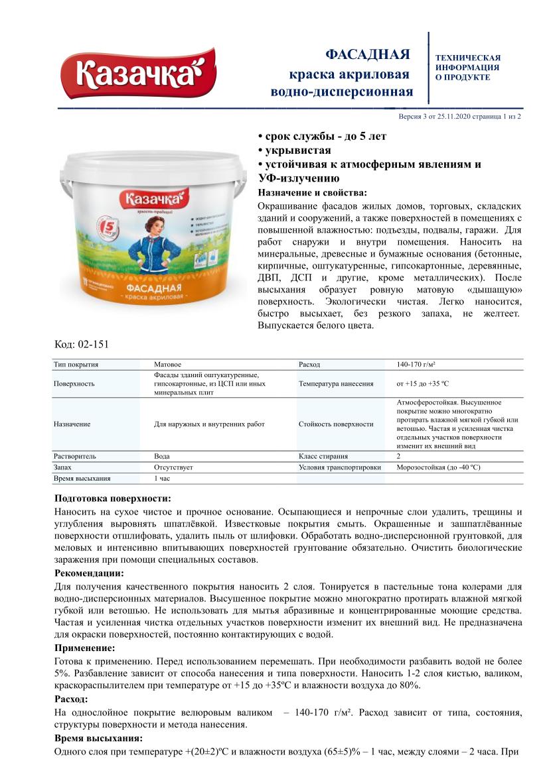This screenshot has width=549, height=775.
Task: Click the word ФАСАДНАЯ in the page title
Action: pos(367,54)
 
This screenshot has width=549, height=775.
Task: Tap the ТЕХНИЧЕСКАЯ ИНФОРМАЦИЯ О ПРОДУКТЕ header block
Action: pos(467,68)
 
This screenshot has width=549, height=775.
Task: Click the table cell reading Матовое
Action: pos(167,365)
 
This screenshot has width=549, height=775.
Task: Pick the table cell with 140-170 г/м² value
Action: pos(420,365)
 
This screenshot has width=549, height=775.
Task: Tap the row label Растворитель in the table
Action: pos(74,457)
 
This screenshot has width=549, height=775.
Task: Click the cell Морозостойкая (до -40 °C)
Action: pos(438,467)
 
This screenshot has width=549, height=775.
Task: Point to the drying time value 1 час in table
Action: pos(163,478)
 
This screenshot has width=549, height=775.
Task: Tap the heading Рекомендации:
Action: pos(88,573)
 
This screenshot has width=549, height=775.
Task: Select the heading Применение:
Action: pos(84,648)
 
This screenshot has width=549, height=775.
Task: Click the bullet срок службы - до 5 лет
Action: pos(321,137)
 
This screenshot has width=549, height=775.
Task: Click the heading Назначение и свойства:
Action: pos(311,192)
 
